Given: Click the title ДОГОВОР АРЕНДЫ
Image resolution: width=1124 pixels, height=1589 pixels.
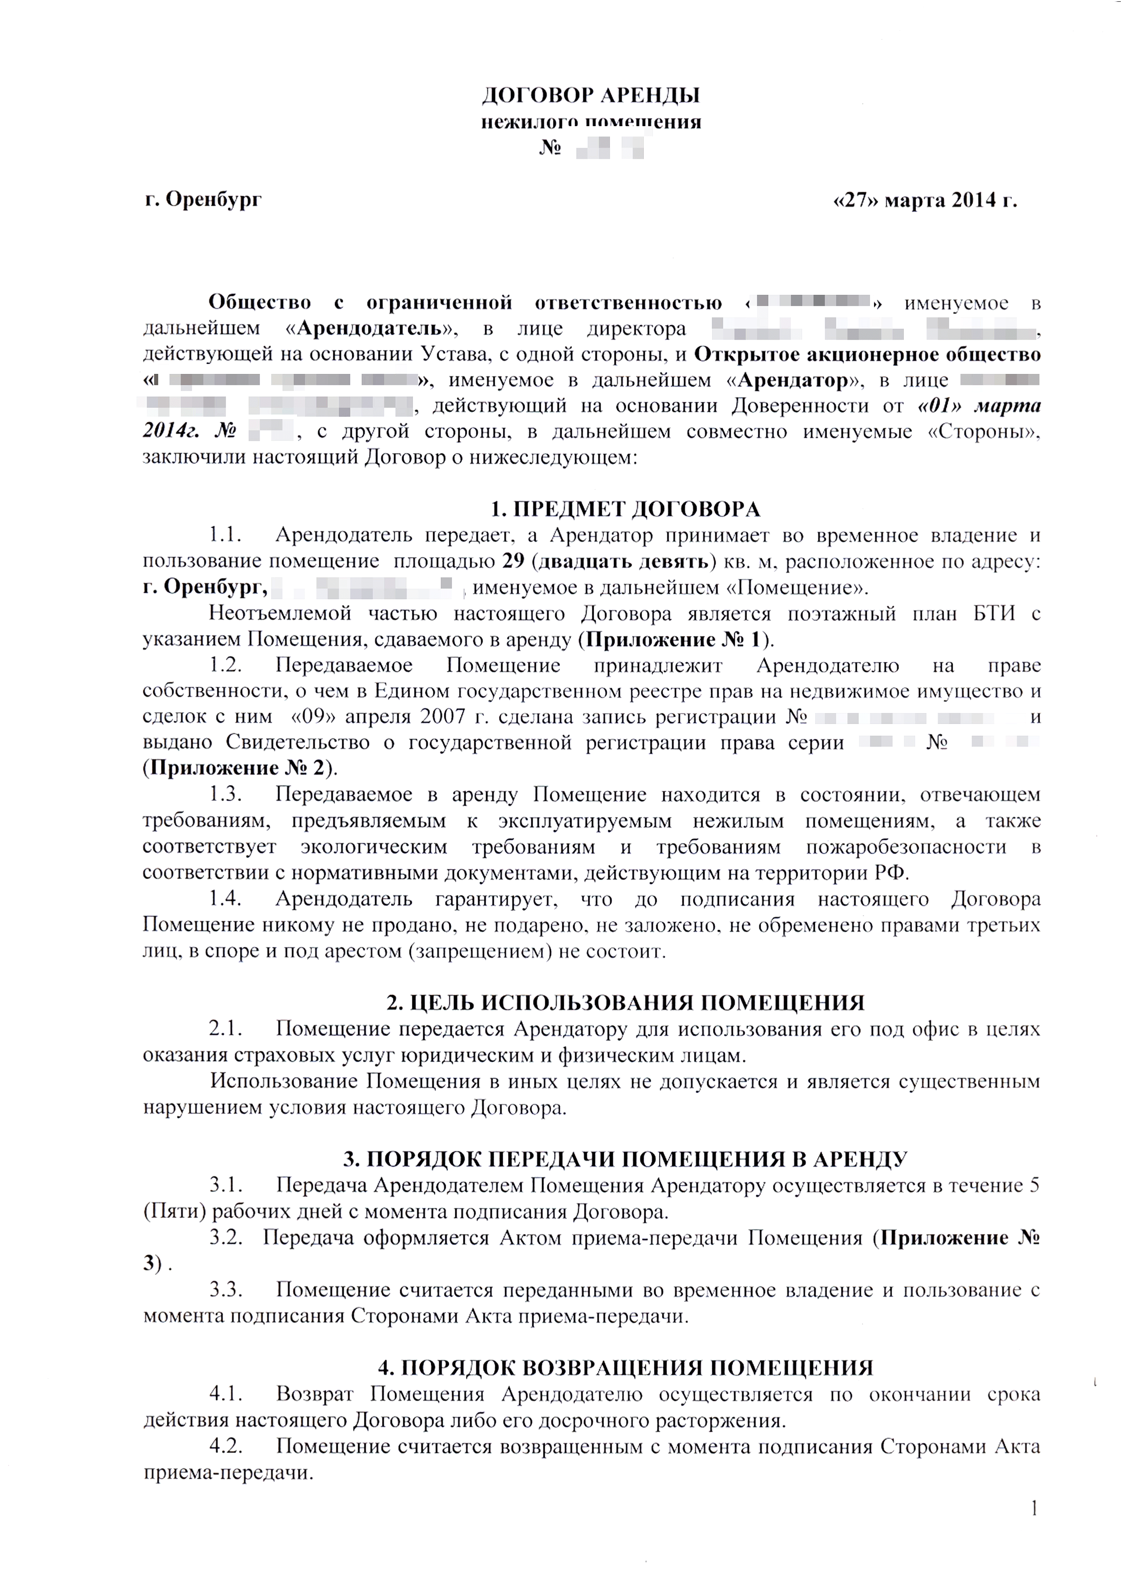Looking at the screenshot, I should tap(590, 95).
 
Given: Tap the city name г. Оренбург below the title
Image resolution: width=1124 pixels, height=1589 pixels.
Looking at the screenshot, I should tap(203, 200).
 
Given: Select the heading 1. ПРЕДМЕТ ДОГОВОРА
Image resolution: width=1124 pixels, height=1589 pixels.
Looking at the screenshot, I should tap(625, 509).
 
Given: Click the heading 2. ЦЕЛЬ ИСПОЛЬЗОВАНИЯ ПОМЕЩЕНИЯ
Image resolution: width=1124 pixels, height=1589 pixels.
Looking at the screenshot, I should tap(625, 1003).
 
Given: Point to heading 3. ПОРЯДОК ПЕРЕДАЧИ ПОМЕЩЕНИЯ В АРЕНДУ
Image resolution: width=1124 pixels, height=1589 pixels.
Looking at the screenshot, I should tap(625, 1159).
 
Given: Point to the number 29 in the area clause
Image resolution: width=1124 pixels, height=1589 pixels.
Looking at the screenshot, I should tap(513, 561).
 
